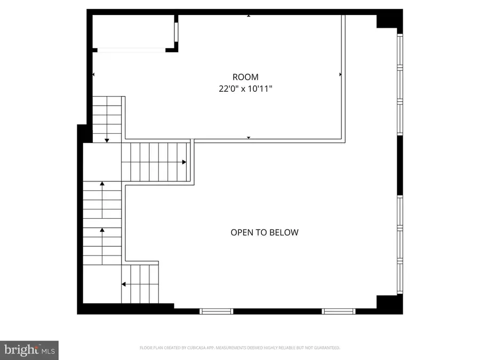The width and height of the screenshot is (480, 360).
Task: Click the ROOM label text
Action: pos(245,77)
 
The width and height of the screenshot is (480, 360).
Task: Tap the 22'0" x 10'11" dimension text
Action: pos(245,89)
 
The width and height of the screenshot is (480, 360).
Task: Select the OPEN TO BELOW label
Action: pos(264,233)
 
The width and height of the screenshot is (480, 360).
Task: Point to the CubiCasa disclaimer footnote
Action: pos(240,348)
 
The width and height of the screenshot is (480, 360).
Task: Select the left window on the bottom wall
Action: pos(216,310)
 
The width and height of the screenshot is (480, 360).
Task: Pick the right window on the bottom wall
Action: pos(339,310)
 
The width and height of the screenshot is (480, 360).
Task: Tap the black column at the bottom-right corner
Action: pos(389,303)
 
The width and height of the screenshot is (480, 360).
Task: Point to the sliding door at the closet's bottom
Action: pos(131,50)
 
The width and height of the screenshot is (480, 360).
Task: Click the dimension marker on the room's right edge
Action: pos(340,75)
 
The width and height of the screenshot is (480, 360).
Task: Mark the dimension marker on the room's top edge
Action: pos(249,16)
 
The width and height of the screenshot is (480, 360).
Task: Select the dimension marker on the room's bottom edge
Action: pos(249,138)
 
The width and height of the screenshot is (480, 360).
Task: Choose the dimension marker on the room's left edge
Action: pos(94,75)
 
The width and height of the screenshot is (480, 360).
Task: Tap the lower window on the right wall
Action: pos(400,245)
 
